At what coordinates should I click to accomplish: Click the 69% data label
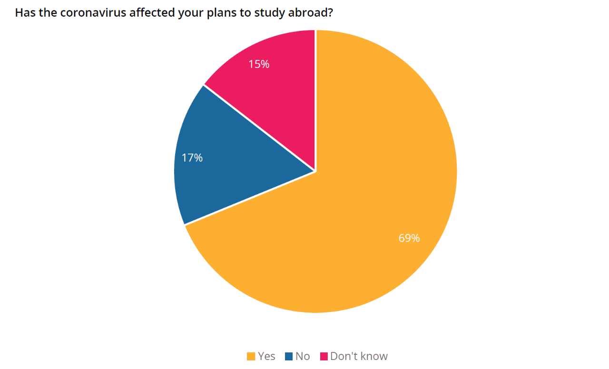pos(409,238)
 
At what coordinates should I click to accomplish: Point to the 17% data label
pos(192,158)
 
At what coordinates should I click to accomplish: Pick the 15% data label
pos(259,64)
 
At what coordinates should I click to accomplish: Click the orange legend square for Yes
pos(251,356)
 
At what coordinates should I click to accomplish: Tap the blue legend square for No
pos(289,356)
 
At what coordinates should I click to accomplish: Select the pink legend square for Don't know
pos(324,356)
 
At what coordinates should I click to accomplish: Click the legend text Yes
pos(266,356)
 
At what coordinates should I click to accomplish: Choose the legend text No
pos(303,356)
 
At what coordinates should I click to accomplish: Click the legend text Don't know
pos(359,356)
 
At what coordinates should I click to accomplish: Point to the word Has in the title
pos(24,13)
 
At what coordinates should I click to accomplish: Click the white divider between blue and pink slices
pos(259,128)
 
